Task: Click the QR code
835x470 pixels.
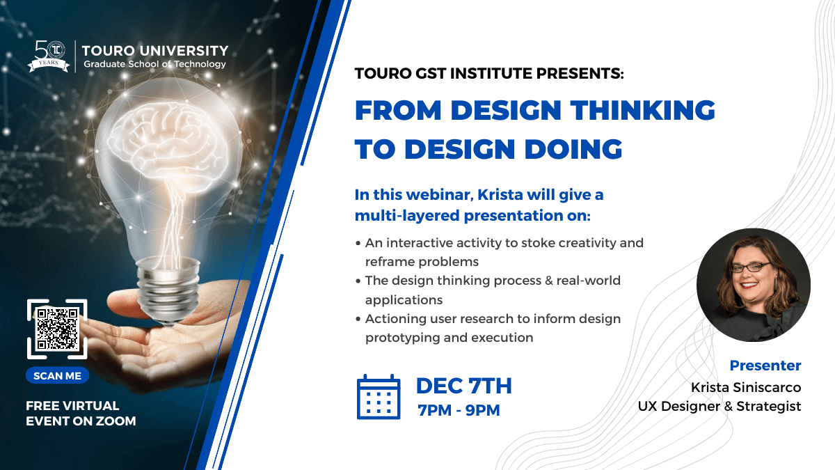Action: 57,329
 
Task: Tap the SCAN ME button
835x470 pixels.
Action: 57,375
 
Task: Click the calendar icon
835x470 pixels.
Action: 379,397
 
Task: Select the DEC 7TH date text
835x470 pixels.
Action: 463,386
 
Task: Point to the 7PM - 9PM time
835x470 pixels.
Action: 459,410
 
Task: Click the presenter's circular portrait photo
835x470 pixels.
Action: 754,285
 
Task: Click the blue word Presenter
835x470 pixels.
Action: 765,366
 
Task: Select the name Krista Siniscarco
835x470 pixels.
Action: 746,387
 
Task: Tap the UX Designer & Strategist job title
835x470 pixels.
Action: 719,406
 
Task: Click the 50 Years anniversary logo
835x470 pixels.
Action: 49,56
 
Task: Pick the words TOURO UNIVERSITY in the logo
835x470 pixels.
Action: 155,51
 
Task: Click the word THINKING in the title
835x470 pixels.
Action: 643,110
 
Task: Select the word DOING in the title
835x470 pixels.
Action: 573,149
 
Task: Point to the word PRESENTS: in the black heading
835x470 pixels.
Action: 580,73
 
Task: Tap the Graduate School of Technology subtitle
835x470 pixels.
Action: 154,64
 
